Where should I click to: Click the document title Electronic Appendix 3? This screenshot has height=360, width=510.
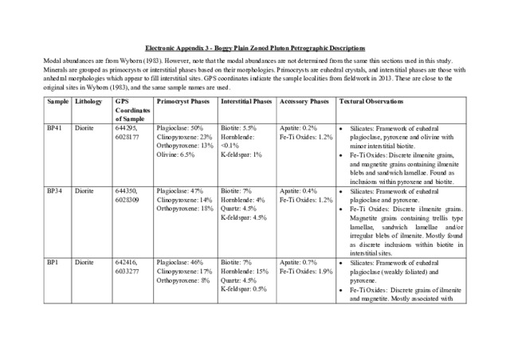pyautogui.click(x=254, y=48)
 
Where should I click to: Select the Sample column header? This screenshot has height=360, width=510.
pyautogui.click(x=57, y=103)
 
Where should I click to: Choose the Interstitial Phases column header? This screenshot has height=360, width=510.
pyautogui.click(x=245, y=103)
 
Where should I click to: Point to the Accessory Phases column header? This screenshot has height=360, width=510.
pyautogui.click(x=304, y=103)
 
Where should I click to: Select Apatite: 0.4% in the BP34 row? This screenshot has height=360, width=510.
pyautogui.click(x=299, y=191)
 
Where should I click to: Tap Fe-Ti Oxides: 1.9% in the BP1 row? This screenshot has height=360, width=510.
pyautogui.click(x=306, y=271)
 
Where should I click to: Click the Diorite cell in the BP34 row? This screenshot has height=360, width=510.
pyautogui.click(x=84, y=191)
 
